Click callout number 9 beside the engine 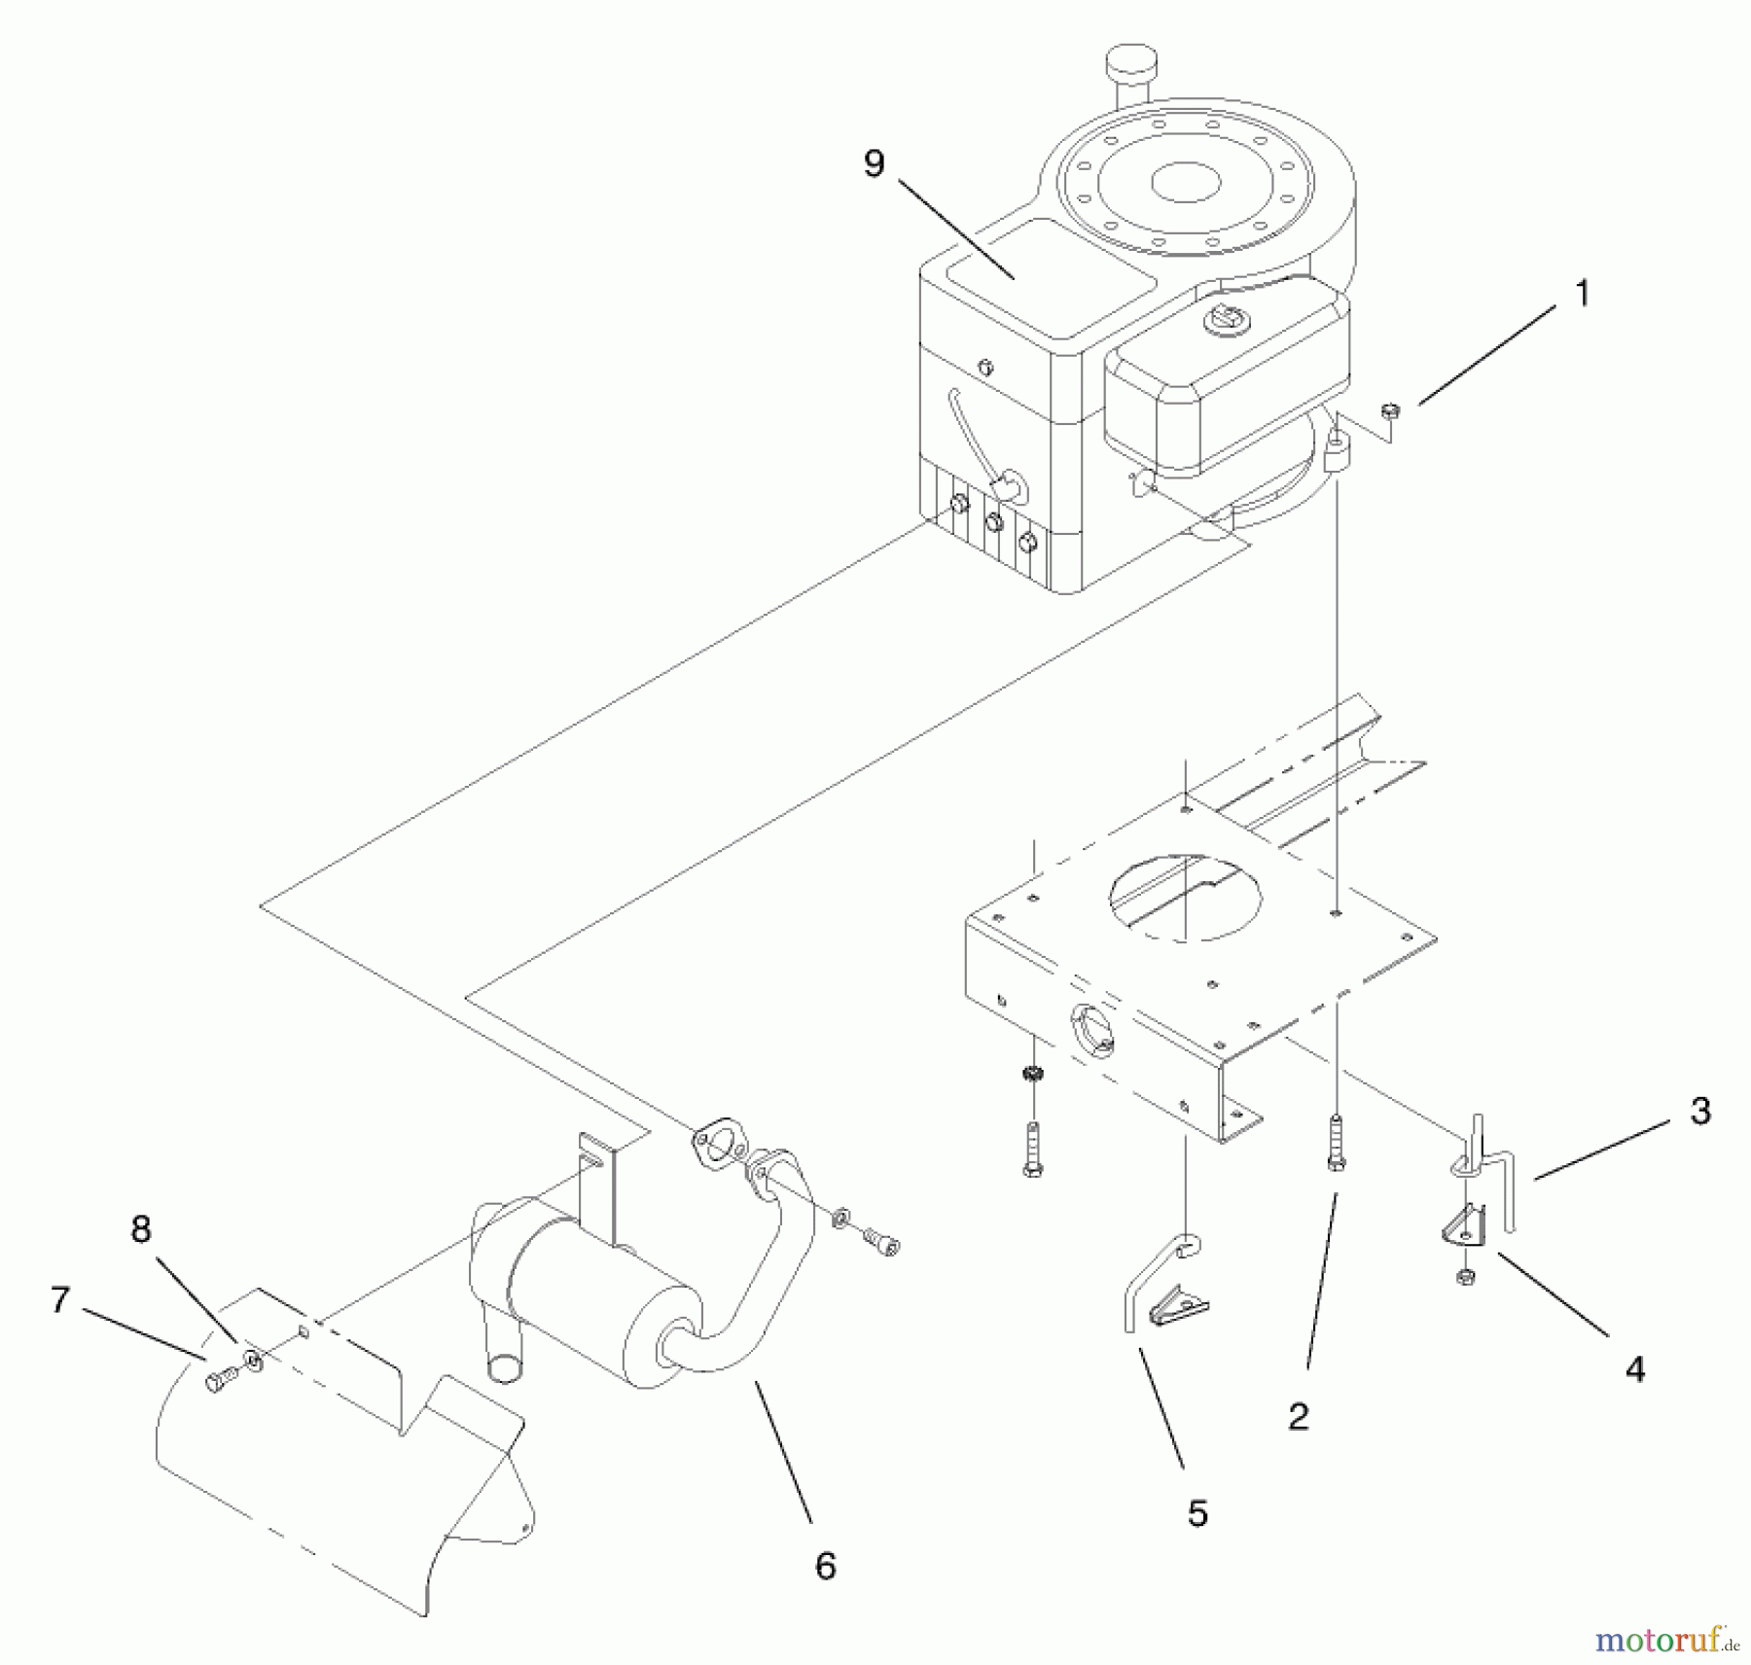[874, 163]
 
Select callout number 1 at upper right [1582, 293]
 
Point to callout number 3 [1699, 1111]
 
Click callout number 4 [1635, 1369]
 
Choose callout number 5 [1197, 1513]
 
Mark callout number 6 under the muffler [825, 1566]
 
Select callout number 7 [60, 1299]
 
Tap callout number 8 [141, 1229]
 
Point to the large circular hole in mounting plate [1186, 897]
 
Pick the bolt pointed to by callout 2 [1337, 1144]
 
